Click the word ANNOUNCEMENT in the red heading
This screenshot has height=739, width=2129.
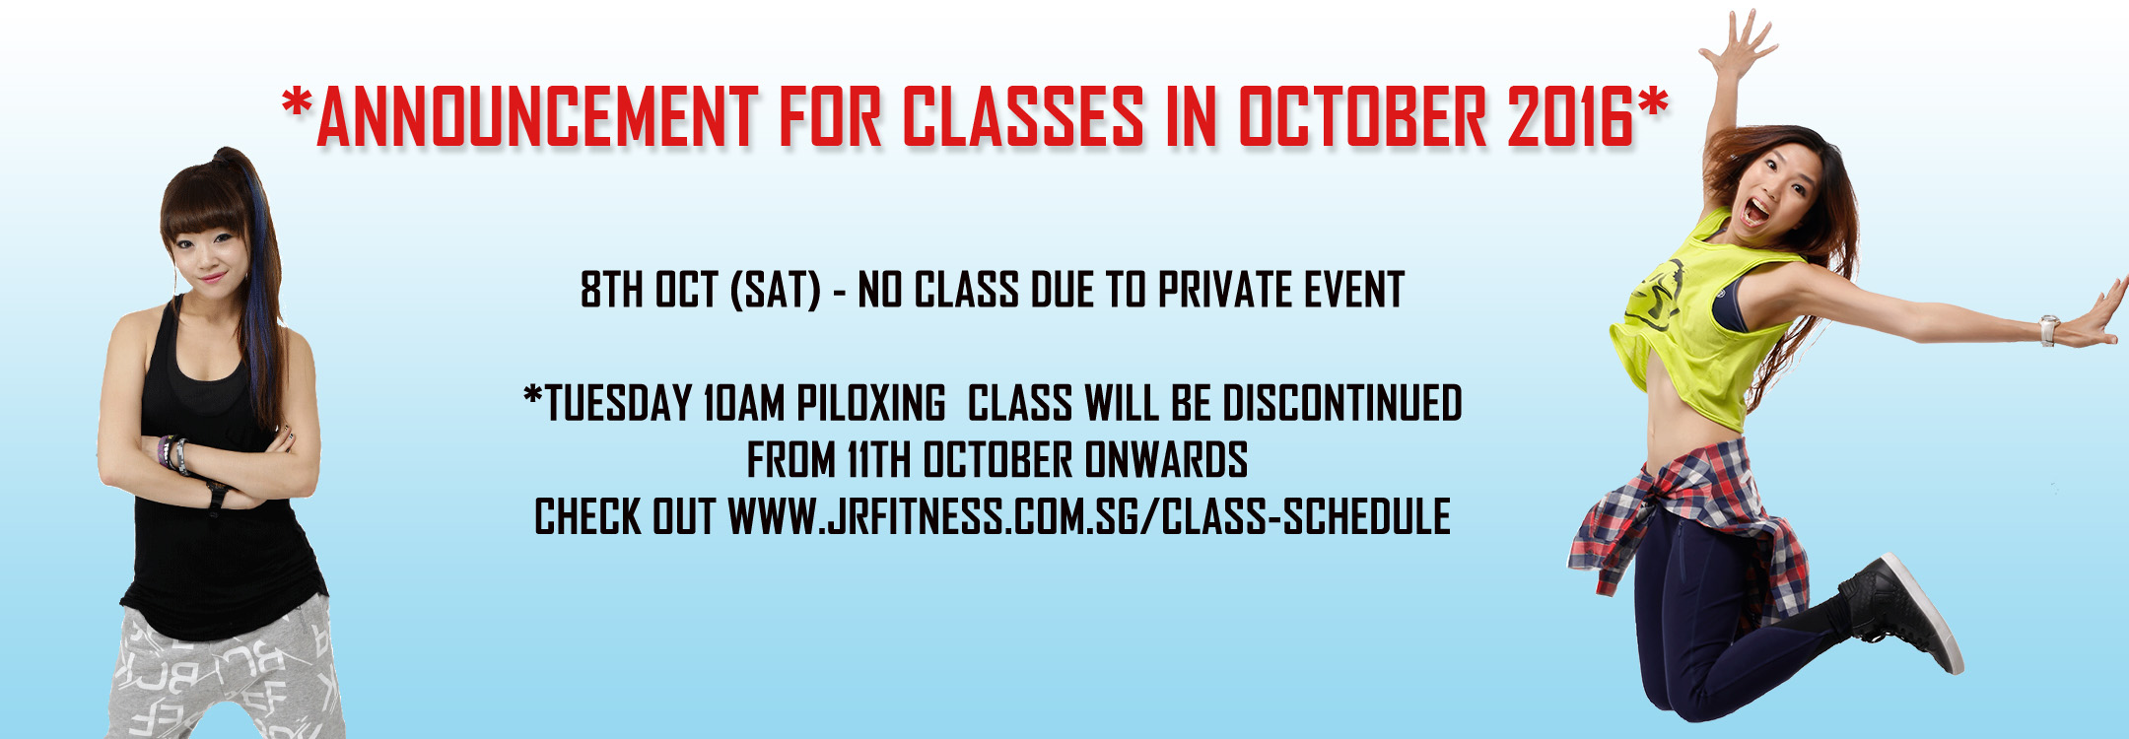537,117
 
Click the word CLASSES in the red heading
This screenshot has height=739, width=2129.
1023,117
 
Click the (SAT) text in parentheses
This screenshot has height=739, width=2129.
776,290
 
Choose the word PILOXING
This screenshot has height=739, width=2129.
871,404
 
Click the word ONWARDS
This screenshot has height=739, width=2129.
1166,460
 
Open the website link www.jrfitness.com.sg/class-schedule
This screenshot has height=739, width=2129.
1089,516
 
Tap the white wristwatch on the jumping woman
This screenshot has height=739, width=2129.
2048,330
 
